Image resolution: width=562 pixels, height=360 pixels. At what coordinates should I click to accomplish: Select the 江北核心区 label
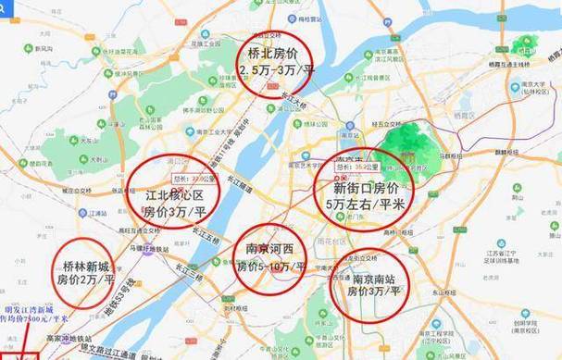[x=173, y=193]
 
